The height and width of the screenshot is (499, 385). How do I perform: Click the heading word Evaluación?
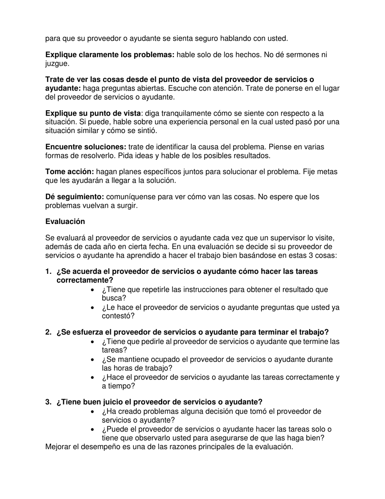pyautogui.click(x=65, y=222)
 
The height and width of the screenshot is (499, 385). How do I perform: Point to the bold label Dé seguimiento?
pyautogui.click(x=75, y=197)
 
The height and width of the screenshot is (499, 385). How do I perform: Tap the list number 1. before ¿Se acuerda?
pyautogui.click(x=49, y=271)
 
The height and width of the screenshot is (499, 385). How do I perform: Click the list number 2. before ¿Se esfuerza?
pyautogui.click(x=49, y=332)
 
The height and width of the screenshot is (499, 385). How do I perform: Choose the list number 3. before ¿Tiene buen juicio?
pyautogui.click(x=49, y=402)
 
